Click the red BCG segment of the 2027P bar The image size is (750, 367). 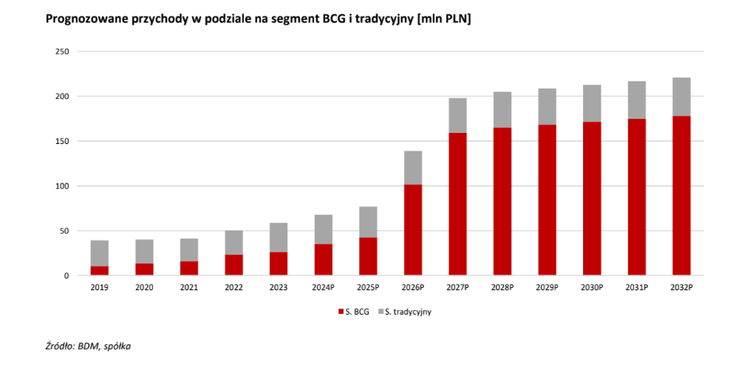[458, 204]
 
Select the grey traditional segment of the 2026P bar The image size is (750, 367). [413, 168]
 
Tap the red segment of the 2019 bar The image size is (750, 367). [99, 271]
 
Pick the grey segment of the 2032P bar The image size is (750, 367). [682, 96]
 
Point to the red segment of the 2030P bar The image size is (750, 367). [592, 199]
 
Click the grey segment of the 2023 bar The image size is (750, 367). [278, 237]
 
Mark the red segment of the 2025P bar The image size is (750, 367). [368, 256]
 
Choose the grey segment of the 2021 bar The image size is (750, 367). [188, 250]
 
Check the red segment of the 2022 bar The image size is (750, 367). [233, 265]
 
